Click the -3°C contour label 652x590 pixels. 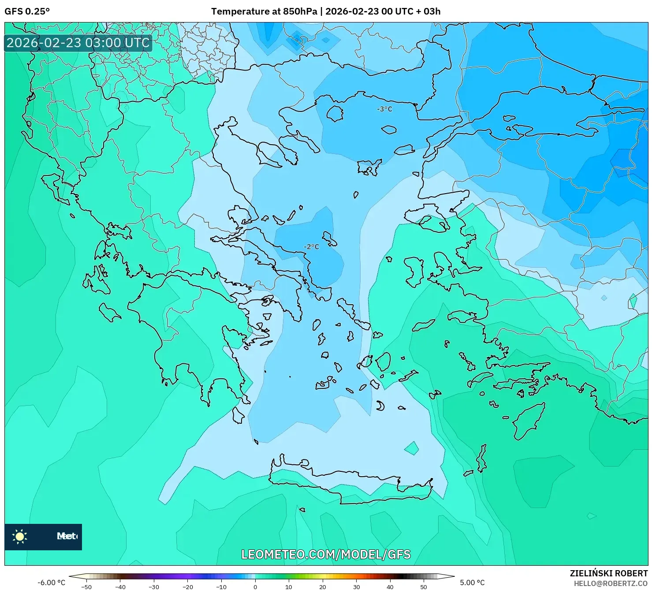click(x=384, y=109)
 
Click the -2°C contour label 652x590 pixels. click(x=311, y=246)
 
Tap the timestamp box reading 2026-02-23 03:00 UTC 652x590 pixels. click(x=78, y=43)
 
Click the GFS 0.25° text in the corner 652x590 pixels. click(x=27, y=11)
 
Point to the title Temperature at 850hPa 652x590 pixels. click(x=264, y=11)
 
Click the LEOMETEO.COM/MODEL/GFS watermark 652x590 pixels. click(x=326, y=554)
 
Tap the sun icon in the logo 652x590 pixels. click(x=20, y=536)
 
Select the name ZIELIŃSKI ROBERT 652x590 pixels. click(x=608, y=573)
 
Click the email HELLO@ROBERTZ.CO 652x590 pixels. click(x=611, y=583)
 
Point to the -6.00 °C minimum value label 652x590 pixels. click(x=51, y=583)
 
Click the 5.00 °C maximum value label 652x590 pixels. click(x=472, y=583)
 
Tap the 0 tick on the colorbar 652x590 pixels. click(x=255, y=586)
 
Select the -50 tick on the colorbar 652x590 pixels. click(x=86, y=586)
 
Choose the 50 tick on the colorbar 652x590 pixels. click(x=424, y=586)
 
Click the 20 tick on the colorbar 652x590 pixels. click(x=323, y=586)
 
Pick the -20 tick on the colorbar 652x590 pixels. click(x=187, y=586)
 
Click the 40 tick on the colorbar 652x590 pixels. click(x=390, y=586)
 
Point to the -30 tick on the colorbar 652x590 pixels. click(x=154, y=586)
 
